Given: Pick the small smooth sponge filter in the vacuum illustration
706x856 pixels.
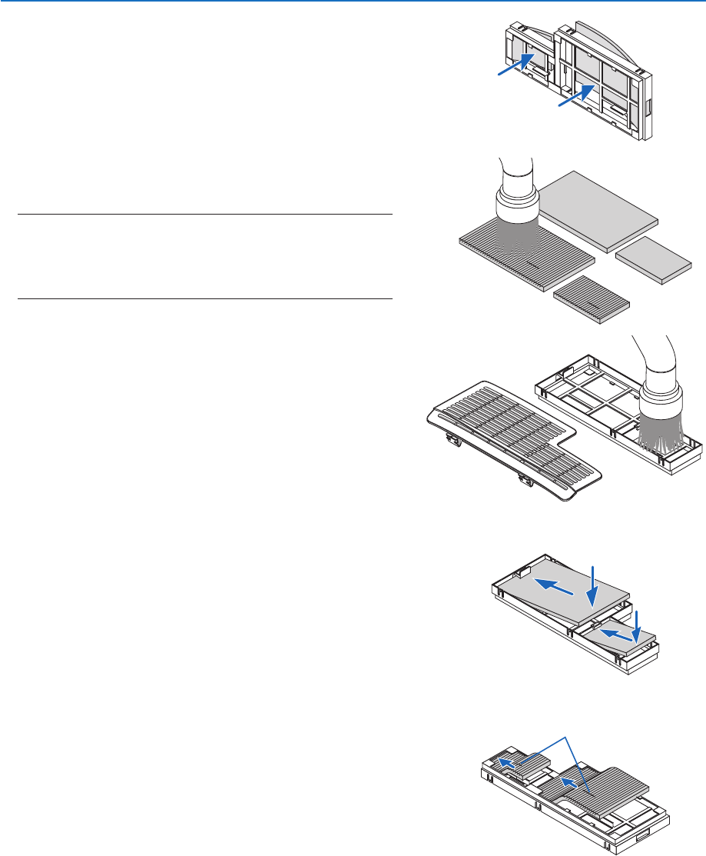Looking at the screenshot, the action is click(x=658, y=259).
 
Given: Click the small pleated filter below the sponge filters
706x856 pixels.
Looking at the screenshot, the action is click(x=592, y=297).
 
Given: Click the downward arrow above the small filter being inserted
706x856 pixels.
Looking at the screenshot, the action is click(x=637, y=623).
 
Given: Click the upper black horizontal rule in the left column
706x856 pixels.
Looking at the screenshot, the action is click(x=204, y=215).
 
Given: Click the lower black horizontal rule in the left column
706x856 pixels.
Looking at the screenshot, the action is click(x=204, y=298).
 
